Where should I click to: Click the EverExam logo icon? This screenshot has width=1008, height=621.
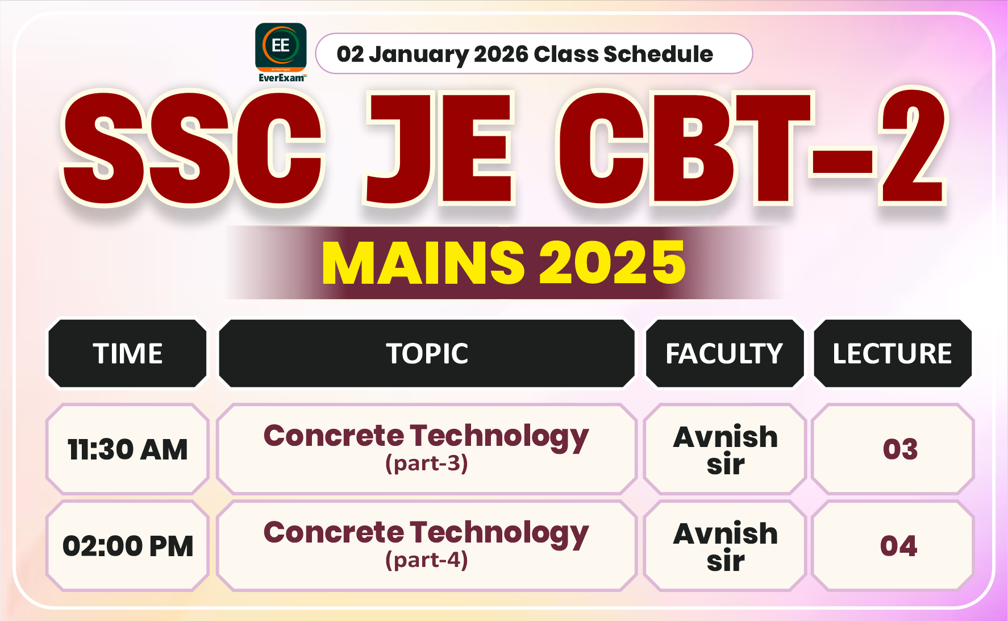[281, 48]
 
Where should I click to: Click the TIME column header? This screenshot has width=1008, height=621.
[128, 354]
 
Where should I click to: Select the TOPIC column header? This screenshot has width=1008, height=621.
[427, 354]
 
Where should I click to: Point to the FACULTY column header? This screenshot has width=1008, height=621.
[724, 354]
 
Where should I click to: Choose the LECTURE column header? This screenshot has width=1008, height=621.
[892, 354]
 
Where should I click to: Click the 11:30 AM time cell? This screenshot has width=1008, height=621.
[128, 450]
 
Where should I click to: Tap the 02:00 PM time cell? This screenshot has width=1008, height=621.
[128, 547]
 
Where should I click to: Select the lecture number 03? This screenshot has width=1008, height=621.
[900, 450]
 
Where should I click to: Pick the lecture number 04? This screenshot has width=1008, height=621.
[898, 547]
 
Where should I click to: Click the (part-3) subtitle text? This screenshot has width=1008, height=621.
[427, 464]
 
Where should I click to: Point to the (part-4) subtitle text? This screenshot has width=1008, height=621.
[427, 561]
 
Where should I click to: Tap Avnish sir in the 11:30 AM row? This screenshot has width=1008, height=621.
[726, 450]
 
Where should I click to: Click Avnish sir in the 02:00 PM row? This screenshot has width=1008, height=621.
[726, 547]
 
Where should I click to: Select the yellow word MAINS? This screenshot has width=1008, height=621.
[423, 263]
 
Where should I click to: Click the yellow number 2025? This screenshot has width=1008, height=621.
[612, 263]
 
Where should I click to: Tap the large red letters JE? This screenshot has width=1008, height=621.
[439, 149]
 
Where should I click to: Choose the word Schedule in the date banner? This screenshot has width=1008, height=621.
[658, 55]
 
